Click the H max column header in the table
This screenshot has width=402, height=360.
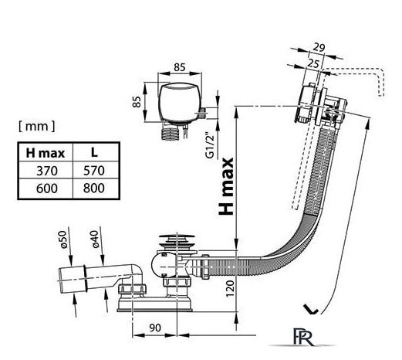[x=46, y=153]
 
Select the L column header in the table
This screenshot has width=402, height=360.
[x=94, y=152]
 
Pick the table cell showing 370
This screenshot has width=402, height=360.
[x=47, y=171]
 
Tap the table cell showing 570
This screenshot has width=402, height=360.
[x=94, y=171]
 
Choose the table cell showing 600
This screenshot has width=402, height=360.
[x=47, y=188]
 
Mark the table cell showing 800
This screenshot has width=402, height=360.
[x=94, y=188]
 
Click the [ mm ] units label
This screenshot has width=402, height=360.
[x=37, y=126]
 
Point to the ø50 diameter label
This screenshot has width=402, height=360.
[x=63, y=239]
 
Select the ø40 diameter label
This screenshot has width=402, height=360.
[x=95, y=239]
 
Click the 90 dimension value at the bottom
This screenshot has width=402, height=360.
[x=155, y=328]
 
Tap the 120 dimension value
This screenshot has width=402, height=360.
[x=230, y=289]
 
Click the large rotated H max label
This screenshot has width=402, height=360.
[x=226, y=186]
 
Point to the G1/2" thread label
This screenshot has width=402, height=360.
[x=210, y=145]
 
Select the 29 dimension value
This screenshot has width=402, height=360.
[x=319, y=47]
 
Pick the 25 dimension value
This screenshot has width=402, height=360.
[x=313, y=63]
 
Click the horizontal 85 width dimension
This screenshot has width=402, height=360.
[x=180, y=67]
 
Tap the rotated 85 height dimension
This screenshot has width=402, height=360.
[x=137, y=102]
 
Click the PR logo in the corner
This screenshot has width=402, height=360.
[x=303, y=337]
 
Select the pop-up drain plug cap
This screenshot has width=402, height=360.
[x=177, y=241]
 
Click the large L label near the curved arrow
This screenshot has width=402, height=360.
[x=311, y=309]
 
